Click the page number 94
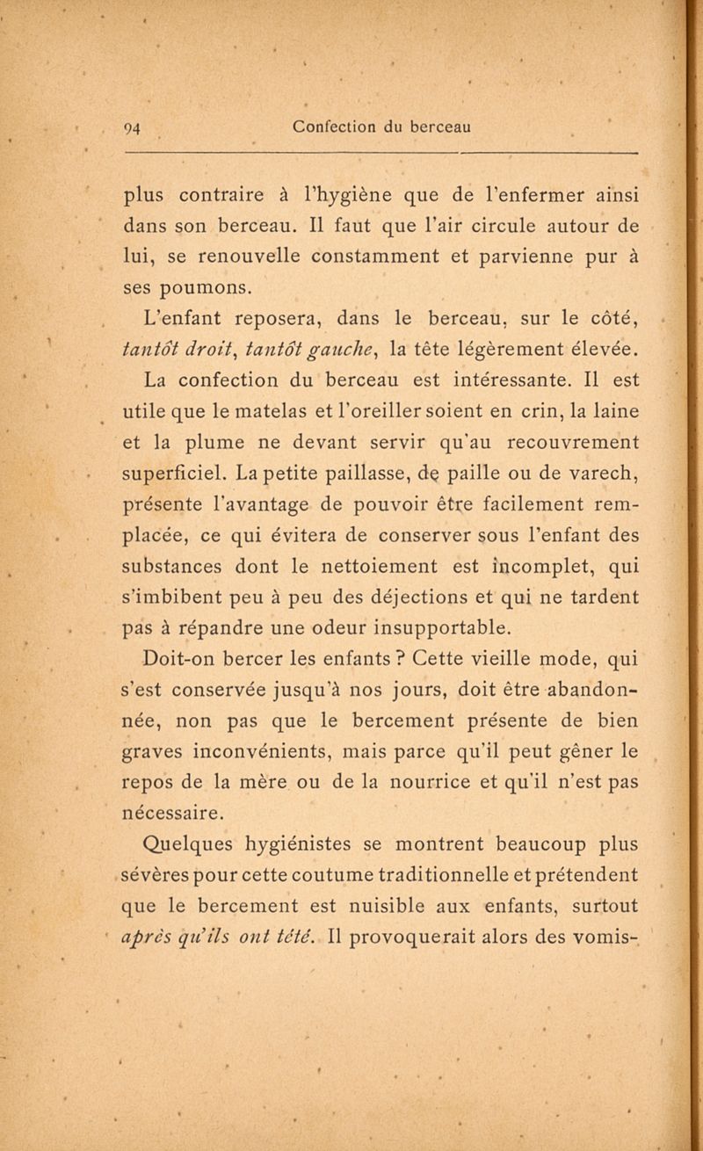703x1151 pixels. (134, 125)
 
